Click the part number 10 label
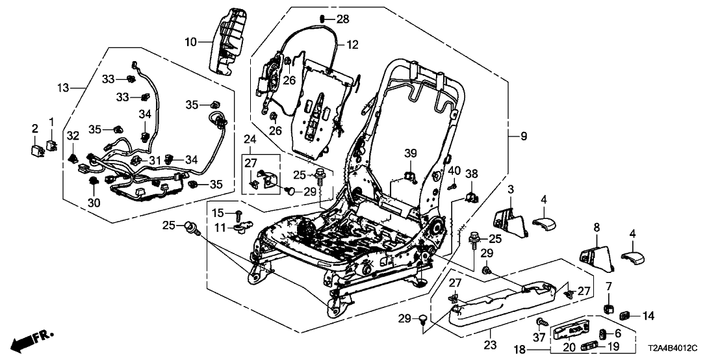(190, 43)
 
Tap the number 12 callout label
(352, 45)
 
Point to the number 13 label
(62, 88)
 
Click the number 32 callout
(73, 135)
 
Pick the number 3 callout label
(511, 188)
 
